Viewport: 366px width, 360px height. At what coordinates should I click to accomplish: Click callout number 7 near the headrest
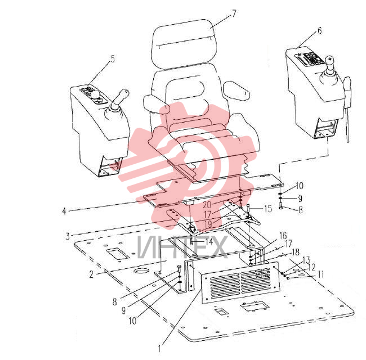(234, 13)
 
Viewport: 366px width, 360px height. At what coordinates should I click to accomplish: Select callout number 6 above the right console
(319, 30)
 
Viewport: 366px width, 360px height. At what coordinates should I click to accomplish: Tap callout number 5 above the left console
(113, 59)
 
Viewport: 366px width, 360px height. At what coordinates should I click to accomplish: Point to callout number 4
(64, 211)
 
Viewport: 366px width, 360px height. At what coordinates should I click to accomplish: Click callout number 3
(68, 236)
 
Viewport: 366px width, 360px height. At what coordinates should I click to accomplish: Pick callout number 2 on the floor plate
(91, 274)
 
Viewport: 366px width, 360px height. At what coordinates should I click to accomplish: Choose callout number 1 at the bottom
(160, 349)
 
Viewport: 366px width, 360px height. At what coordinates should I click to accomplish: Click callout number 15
(268, 209)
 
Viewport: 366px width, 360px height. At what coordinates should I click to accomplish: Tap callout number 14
(209, 241)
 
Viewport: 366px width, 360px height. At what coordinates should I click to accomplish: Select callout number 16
(283, 236)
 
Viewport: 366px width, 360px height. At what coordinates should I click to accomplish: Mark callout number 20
(207, 205)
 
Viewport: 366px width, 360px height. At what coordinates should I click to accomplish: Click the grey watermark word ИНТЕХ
(182, 247)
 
